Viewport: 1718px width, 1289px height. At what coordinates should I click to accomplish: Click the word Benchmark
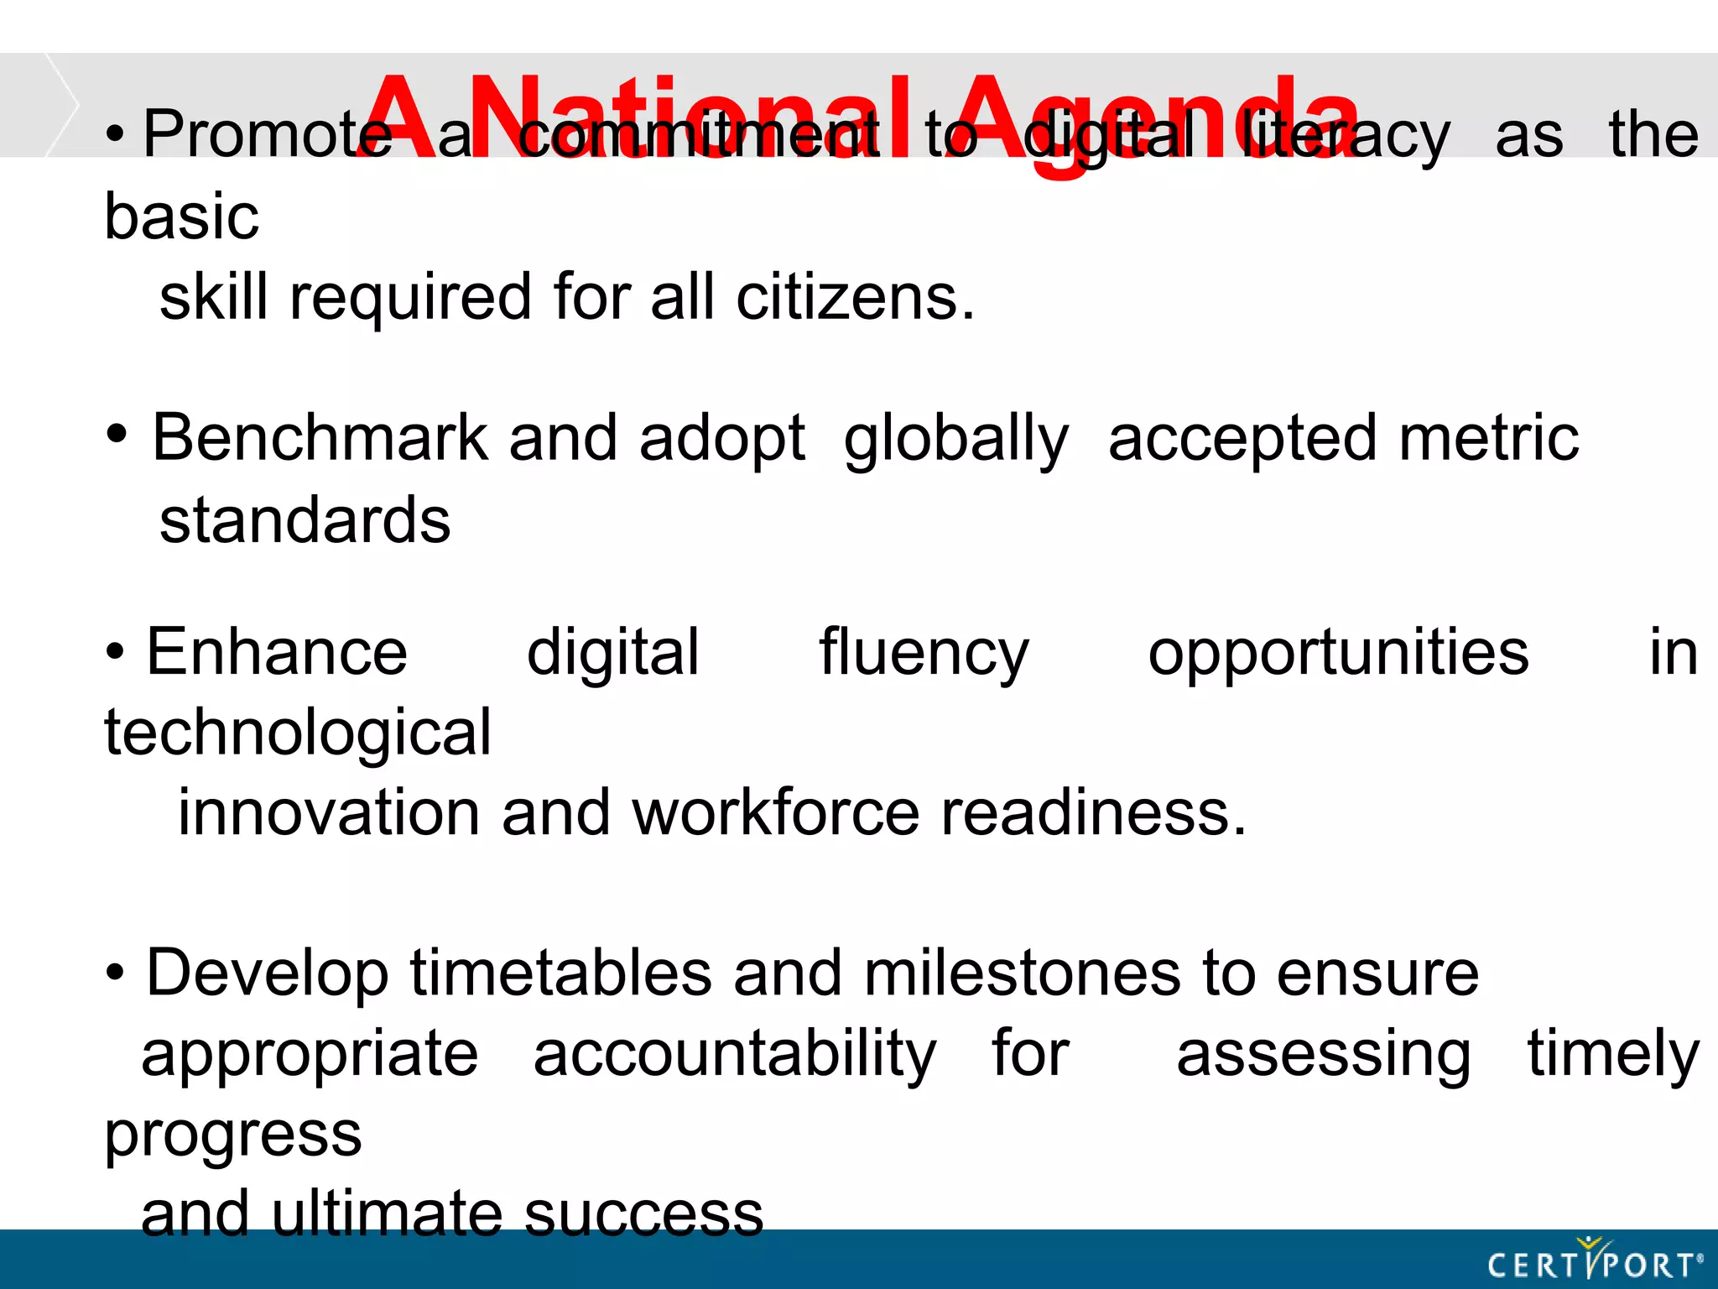click(320, 438)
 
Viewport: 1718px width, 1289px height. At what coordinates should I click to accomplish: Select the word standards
click(305, 520)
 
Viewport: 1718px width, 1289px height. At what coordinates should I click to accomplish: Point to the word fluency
click(924, 654)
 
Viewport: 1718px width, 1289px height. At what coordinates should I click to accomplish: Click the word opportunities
click(1338, 654)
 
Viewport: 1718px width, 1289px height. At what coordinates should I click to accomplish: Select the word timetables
click(561, 973)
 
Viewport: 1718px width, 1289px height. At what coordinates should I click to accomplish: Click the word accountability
click(735, 1055)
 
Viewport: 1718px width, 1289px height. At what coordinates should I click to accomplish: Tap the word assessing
click(1323, 1055)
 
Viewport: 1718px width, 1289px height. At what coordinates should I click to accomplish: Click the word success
click(643, 1214)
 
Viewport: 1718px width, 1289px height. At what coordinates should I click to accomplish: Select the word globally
click(956, 440)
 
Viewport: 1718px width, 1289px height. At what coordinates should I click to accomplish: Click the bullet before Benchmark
click(117, 434)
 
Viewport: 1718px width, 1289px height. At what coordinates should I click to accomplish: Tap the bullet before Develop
click(115, 973)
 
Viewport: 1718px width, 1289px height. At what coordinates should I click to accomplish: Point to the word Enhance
click(277, 652)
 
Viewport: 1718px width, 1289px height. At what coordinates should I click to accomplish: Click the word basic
click(182, 217)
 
